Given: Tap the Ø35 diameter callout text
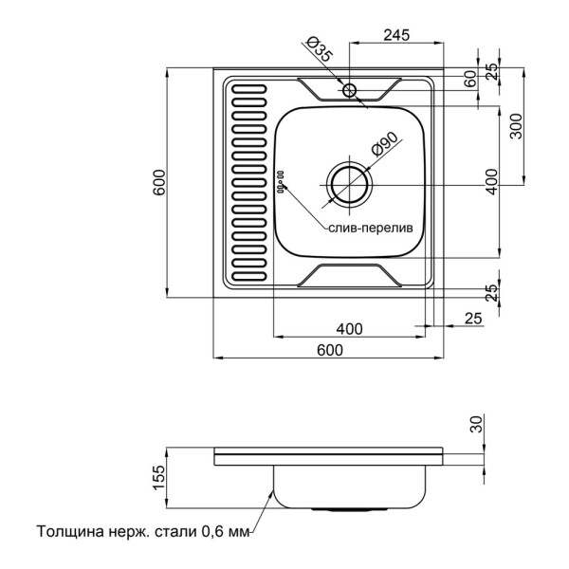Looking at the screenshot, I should point(320,50).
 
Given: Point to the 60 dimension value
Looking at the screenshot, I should point(469,81).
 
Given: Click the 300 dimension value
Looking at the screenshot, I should point(515,125).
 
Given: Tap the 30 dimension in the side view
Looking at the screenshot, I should point(475,424).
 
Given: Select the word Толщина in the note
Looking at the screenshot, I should point(72,532).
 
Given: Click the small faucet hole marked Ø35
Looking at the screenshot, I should point(350,90).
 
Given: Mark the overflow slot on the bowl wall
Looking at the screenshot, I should point(280,179).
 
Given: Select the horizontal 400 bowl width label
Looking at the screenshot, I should point(349,329).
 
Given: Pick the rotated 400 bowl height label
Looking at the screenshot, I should point(490,180).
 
